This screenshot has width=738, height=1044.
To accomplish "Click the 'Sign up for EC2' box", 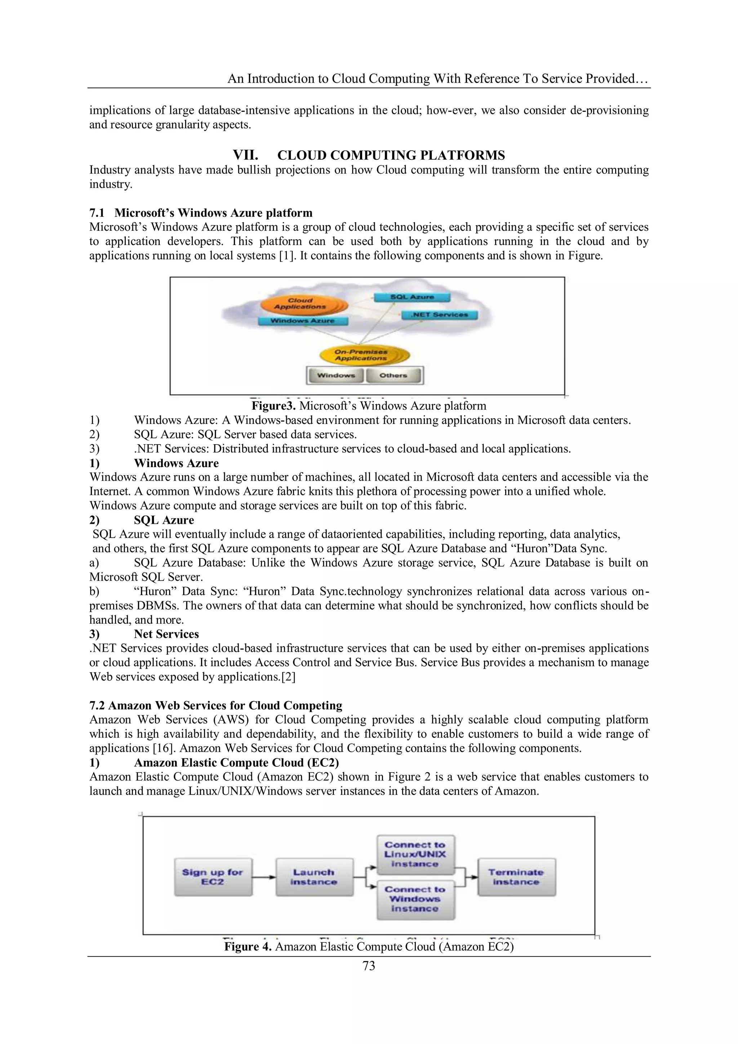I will point(213,877).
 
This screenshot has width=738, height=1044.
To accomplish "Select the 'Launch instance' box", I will point(314,877).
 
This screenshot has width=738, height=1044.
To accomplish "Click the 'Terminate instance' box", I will point(516,877).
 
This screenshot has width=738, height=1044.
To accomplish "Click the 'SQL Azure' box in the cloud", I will point(412,297).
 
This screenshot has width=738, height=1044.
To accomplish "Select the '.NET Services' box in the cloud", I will point(439,315).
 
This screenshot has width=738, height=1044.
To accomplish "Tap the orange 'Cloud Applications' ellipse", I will point(301,304).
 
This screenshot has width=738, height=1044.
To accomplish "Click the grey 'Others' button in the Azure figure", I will point(394,376).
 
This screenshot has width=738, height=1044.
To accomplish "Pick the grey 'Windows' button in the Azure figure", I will point(336,376).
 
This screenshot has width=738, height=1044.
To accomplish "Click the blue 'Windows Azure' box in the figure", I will point(303,321).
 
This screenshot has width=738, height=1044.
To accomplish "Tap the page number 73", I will point(369,966).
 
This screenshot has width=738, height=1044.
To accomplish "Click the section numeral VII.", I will point(245,155).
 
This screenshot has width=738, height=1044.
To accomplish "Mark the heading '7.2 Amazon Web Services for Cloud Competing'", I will point(216,706).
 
